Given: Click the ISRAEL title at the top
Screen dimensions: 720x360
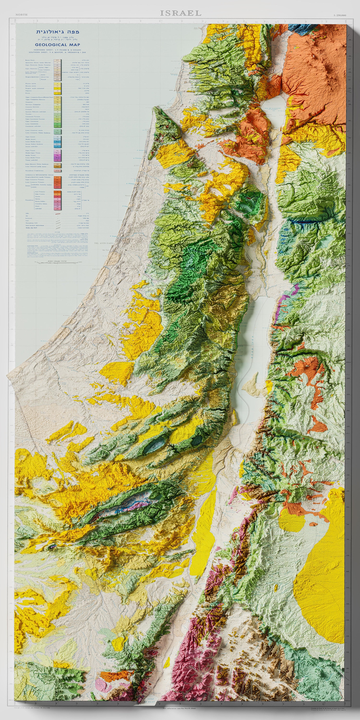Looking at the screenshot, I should tap(180, 13).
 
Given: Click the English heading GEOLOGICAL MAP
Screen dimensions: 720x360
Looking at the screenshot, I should tap(58, 45).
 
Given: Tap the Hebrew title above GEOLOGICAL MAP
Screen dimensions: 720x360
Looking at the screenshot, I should tap(58, 32).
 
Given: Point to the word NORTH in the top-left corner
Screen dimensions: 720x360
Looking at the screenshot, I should tap(22, 15).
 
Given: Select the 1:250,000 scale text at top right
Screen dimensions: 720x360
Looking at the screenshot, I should tap(340, 15).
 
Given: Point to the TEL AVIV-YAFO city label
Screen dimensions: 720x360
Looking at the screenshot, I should tap(104, 243).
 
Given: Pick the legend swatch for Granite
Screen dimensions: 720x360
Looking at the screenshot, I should tap(57, 197).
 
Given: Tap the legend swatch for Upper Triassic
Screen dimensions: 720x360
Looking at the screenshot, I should tap(57, 151).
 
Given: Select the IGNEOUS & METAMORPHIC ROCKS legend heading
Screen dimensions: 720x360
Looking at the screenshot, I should tap(39, 175).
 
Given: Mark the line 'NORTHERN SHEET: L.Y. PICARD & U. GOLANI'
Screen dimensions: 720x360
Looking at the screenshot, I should tap(58, 50).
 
